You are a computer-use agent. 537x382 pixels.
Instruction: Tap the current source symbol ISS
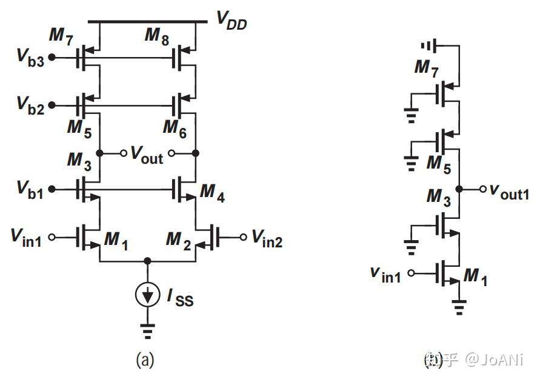point(147,295)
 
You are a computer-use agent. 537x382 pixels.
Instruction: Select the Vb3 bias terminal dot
point(53,58)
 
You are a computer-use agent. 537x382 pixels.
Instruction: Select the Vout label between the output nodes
point(147,155)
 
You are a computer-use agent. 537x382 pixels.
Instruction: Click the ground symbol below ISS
point(147,330)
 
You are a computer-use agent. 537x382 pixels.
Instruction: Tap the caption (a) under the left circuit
point(144,361)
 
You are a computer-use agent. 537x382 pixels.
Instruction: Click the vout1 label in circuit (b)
point(509,194)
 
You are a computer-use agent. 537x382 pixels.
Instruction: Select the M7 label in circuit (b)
point(426,68)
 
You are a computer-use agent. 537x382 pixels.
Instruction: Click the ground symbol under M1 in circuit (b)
point(460,307)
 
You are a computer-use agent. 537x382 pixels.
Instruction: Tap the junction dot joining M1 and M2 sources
point(147,261)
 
